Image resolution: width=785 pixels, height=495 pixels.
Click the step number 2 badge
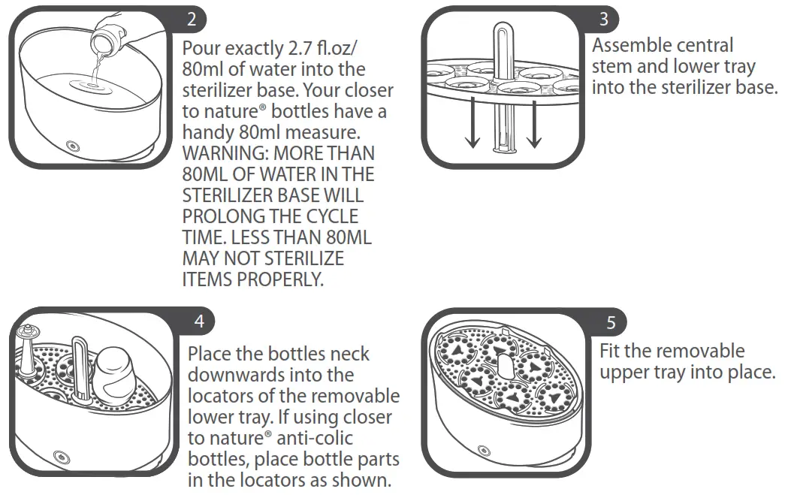tap(192, 20)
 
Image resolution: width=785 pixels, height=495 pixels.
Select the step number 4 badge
tap(198, 321)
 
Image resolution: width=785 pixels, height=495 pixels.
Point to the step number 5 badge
tap(611, 323)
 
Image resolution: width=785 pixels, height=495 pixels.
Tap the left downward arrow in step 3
tap(473, 128)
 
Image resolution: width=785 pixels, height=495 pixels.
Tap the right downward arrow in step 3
tap(534, 128)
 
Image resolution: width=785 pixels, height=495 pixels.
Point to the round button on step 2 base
tap(73, 146)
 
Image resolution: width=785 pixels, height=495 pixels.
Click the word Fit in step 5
tap(610, 352)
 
